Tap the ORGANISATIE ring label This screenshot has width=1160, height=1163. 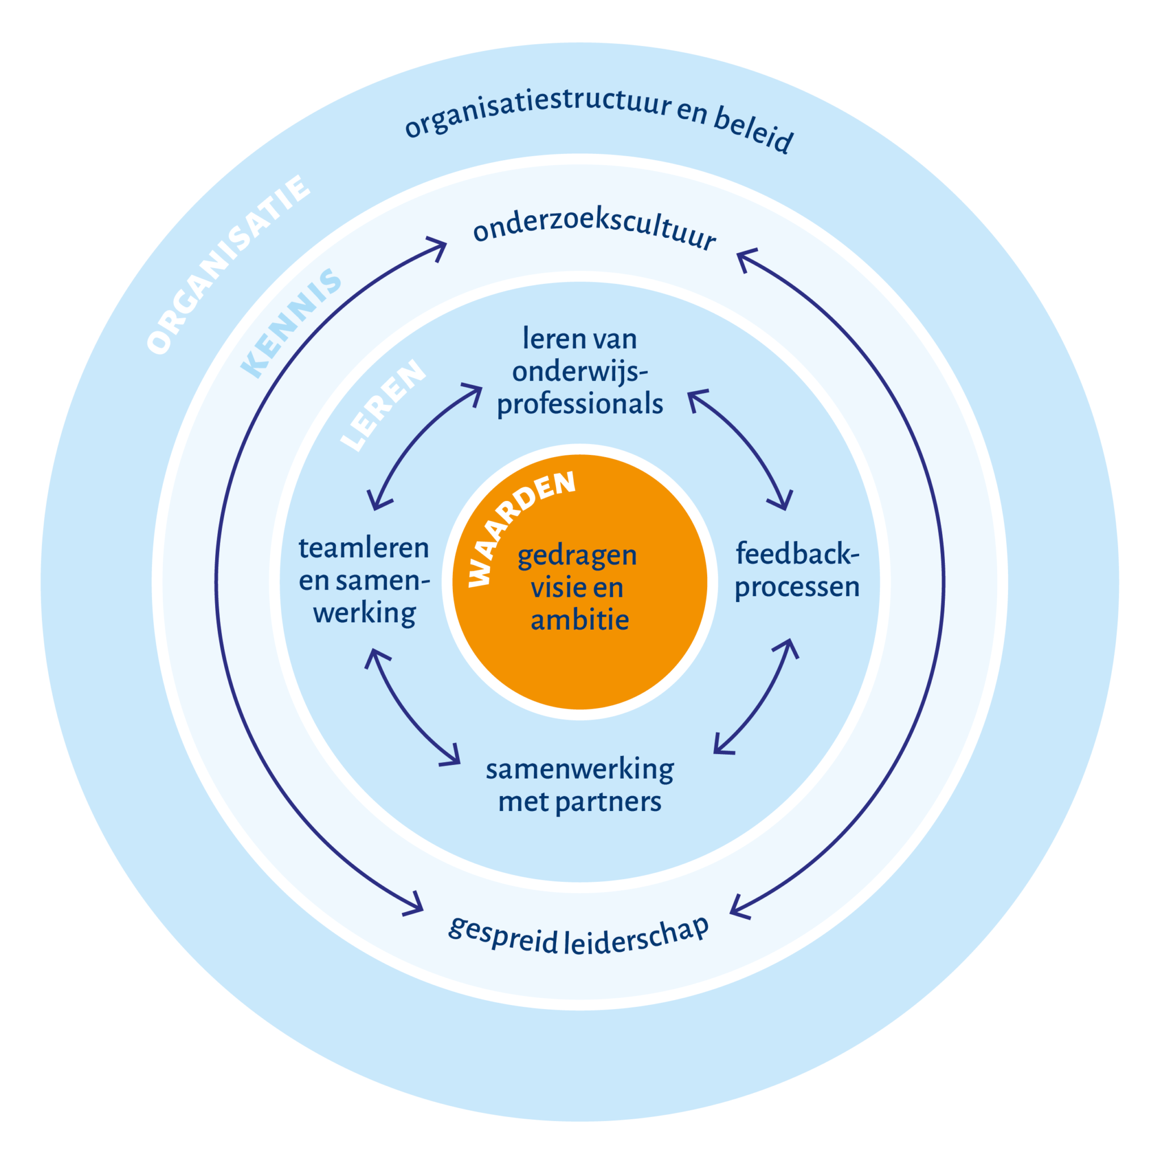pyautogui.click(x=229, y=265)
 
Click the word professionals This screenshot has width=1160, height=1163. pyautogui.click(x=579, y=404)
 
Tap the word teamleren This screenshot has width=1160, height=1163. pyautogui.click(x=364, y=549)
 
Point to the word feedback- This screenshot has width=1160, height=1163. pyautogui.click(x=797, y=554)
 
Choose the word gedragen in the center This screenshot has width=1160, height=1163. pyautogui.click(x=577, y=555)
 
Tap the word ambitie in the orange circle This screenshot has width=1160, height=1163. pyautogui.click(x=579, y=620)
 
